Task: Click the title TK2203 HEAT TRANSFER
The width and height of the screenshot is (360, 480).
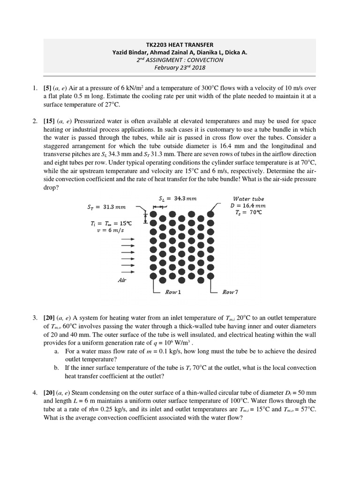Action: coord(180,45)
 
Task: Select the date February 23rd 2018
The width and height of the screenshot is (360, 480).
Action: coord(180,67)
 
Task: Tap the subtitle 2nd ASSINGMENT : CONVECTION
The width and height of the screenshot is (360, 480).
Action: coord(180,60)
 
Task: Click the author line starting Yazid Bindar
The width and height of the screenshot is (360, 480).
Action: coord(180,52)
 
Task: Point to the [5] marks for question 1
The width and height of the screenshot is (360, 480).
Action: coord(47,88)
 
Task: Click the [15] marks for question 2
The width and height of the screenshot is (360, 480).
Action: coord(49,121)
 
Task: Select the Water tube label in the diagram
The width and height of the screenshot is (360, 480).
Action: coord(249,199)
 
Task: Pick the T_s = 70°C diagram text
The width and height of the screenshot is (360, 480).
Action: coord(248,212)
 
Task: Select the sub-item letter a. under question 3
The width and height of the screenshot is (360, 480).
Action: coord(56,351)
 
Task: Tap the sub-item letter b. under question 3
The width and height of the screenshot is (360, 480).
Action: coord(56,367)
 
